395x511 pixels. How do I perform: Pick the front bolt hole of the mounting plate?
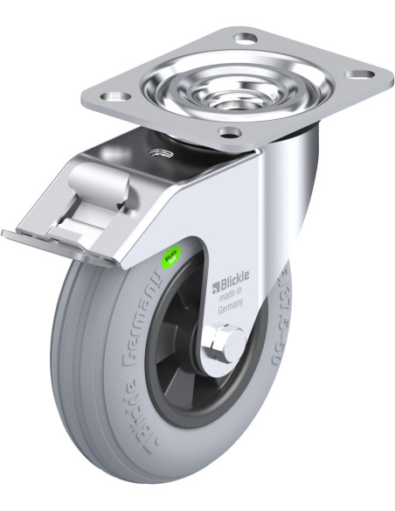(230, 134)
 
